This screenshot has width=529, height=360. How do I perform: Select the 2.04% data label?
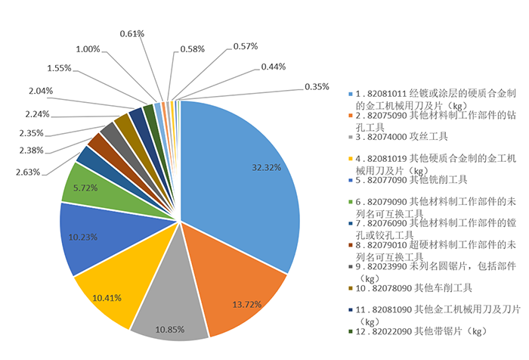[x=42, y=91]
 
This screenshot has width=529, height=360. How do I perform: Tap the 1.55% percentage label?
[x=58, y=67]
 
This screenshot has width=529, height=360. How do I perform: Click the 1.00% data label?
[x=88, y=49]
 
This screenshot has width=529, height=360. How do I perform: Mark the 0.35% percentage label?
[x=317, y=86]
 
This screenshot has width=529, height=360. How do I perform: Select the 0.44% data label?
[x=273, y=67]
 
